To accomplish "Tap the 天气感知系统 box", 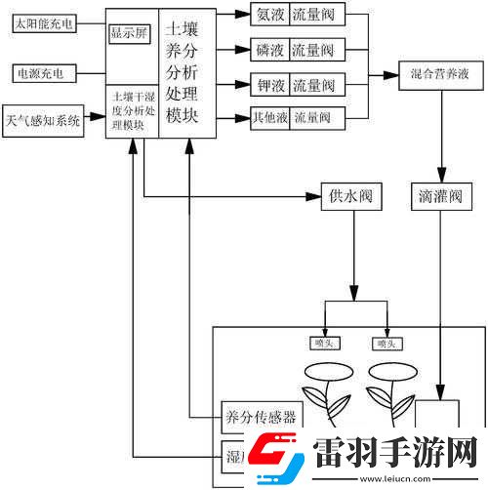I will [43, 121].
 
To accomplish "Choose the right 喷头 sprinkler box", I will [386, 344].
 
